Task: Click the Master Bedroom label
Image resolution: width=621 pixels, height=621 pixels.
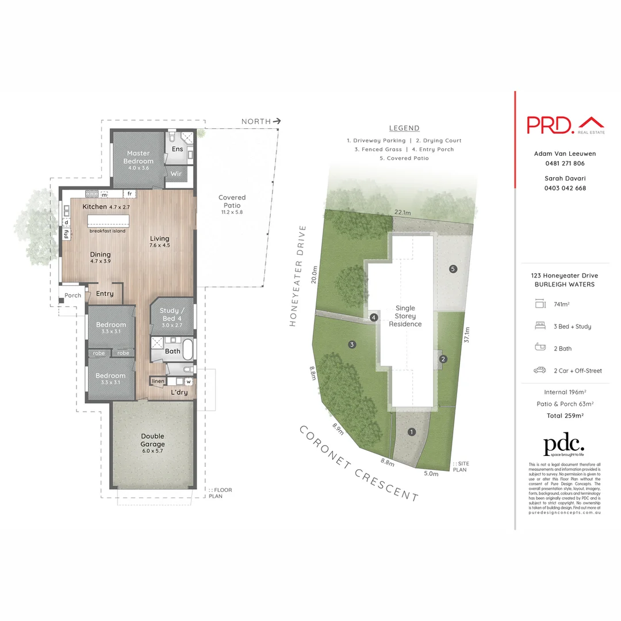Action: click(x=138, y=157)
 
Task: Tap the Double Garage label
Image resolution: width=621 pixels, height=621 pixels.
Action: click(x=153, y=440)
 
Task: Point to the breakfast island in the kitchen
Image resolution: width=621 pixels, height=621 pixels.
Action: click(x=107, y=223)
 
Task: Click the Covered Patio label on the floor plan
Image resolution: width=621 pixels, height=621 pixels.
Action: click(x=232, y=201)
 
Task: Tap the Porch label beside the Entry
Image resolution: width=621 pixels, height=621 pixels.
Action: click(x=73, y=296)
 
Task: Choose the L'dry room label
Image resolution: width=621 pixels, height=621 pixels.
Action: click(x=179, y=392)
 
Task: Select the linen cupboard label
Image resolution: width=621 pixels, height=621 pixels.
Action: click(x=158, y=381)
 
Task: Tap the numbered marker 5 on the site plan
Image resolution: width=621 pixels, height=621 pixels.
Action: click(x=453, y=269)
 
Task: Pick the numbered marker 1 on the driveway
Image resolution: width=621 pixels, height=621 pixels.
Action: click(x=411, y=432)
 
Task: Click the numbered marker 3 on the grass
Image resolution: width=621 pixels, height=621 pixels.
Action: click(x=351, y=344)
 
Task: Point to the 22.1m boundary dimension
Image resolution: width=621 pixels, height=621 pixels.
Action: click(x=402, y=212)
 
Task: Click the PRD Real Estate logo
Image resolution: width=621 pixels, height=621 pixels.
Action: click(x=565, y=125)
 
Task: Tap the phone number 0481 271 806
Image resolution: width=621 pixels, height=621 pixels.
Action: click(x=565, y=163)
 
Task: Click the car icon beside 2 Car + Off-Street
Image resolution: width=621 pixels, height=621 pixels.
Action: click(x=539, y=370)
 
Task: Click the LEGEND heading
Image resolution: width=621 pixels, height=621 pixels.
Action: click(x=404, y=128)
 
